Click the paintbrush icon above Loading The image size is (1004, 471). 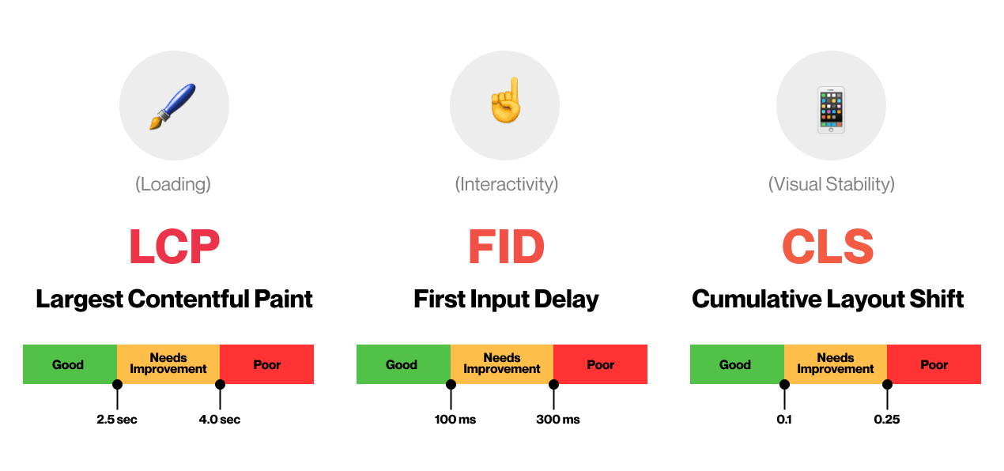[172, 107]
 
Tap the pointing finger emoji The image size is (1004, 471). [506, 100]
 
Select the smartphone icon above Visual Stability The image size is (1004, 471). [831, 110]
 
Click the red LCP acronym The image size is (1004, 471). [175, 246]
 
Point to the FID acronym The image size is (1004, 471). [507, 246]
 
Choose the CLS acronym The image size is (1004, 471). [828, 246]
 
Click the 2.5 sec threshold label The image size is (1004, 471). [116, 420]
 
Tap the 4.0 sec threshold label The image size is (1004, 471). [220, 420]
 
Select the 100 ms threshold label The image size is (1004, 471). [455, 420]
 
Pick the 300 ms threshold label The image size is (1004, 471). [558, 420]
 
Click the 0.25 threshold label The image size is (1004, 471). [887, 420]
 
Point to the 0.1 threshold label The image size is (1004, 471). [784, 420]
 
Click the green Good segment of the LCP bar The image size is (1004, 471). [70, 364]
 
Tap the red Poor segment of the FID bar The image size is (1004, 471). [601, 364]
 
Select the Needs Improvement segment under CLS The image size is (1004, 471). [836, 364]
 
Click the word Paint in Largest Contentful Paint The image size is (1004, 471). [283, 299]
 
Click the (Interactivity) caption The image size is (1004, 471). [507, 184]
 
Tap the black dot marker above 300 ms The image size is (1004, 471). [553, 385]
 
